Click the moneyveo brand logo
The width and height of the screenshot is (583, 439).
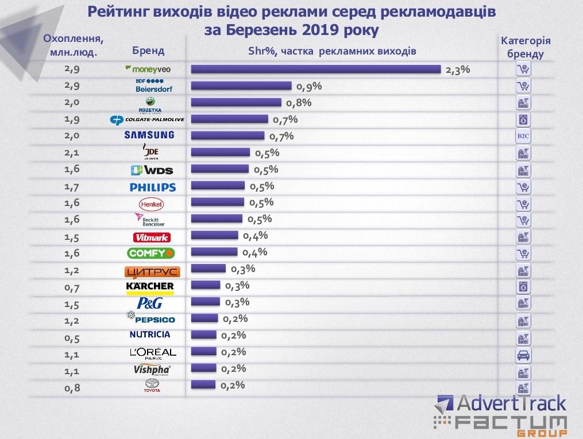coord(148,69)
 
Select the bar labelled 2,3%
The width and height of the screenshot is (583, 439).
coord(315,69)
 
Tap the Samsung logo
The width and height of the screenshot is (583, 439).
coord(149,135)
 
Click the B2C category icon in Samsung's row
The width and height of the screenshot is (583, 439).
coord(523,137)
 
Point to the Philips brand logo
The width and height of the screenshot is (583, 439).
coord(152,187)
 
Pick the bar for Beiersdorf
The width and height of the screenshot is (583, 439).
coord(241,86)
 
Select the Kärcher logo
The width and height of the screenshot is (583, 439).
coord(149,286)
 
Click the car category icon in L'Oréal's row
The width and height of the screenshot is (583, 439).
coord(523,353)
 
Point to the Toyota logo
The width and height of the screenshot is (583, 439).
coord(152,386)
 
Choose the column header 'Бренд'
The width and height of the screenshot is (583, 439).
coord(148,50)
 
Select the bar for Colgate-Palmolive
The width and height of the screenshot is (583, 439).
coord(229,119)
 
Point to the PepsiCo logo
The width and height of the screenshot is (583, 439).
coord(150,318)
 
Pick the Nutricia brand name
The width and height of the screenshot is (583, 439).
coord(149,335)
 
